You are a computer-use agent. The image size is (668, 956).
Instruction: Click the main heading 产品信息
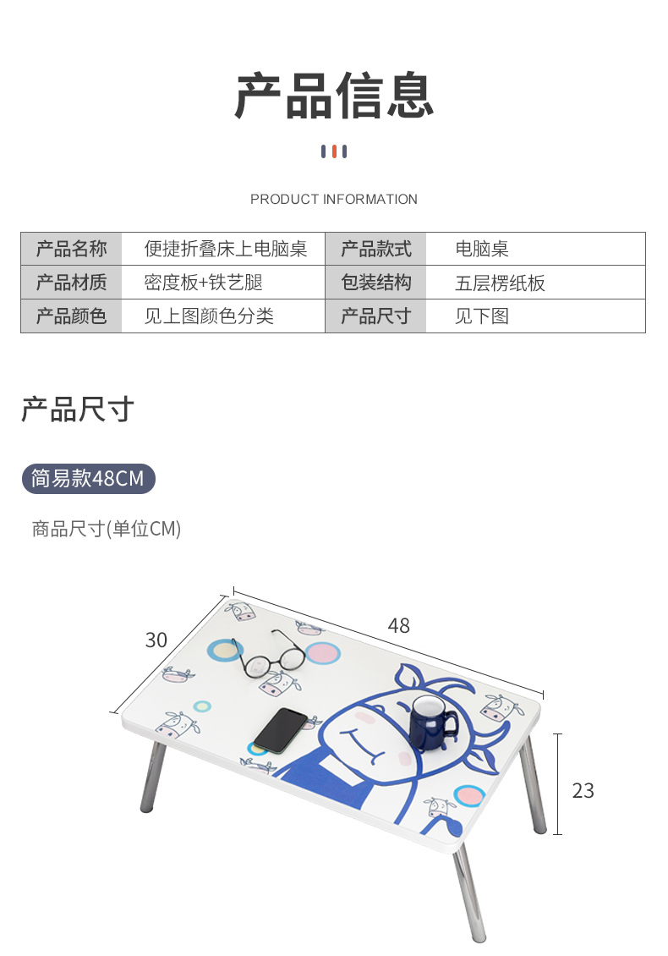(334, 96)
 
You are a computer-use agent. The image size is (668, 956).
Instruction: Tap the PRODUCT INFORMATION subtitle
(334, 200)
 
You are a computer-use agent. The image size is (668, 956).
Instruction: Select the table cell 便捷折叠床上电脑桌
(225, 250)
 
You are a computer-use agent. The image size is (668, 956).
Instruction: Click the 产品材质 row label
(72, 283)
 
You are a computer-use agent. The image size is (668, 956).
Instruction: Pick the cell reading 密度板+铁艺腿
(203, 283)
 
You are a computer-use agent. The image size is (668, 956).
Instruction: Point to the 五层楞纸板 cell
(500, 283)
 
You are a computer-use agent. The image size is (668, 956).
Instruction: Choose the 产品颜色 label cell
(72, 316)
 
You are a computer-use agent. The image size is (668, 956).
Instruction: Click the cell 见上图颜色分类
(209, 316)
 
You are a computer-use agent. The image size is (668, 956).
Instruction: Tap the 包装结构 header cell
(376, 283)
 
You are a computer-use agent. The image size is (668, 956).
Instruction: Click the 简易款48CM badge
(88, 479)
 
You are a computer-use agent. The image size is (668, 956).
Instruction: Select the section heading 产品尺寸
(77, 409)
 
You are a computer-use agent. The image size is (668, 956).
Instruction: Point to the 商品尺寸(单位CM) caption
(107, 530)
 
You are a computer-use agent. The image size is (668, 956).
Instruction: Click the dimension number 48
(399, 625)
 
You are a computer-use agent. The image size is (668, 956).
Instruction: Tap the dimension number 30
(156, 640)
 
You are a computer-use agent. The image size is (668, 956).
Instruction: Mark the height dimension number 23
(583, 790)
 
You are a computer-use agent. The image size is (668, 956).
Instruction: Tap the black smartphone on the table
(281, 729)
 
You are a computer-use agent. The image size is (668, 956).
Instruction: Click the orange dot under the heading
(334, 151)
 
